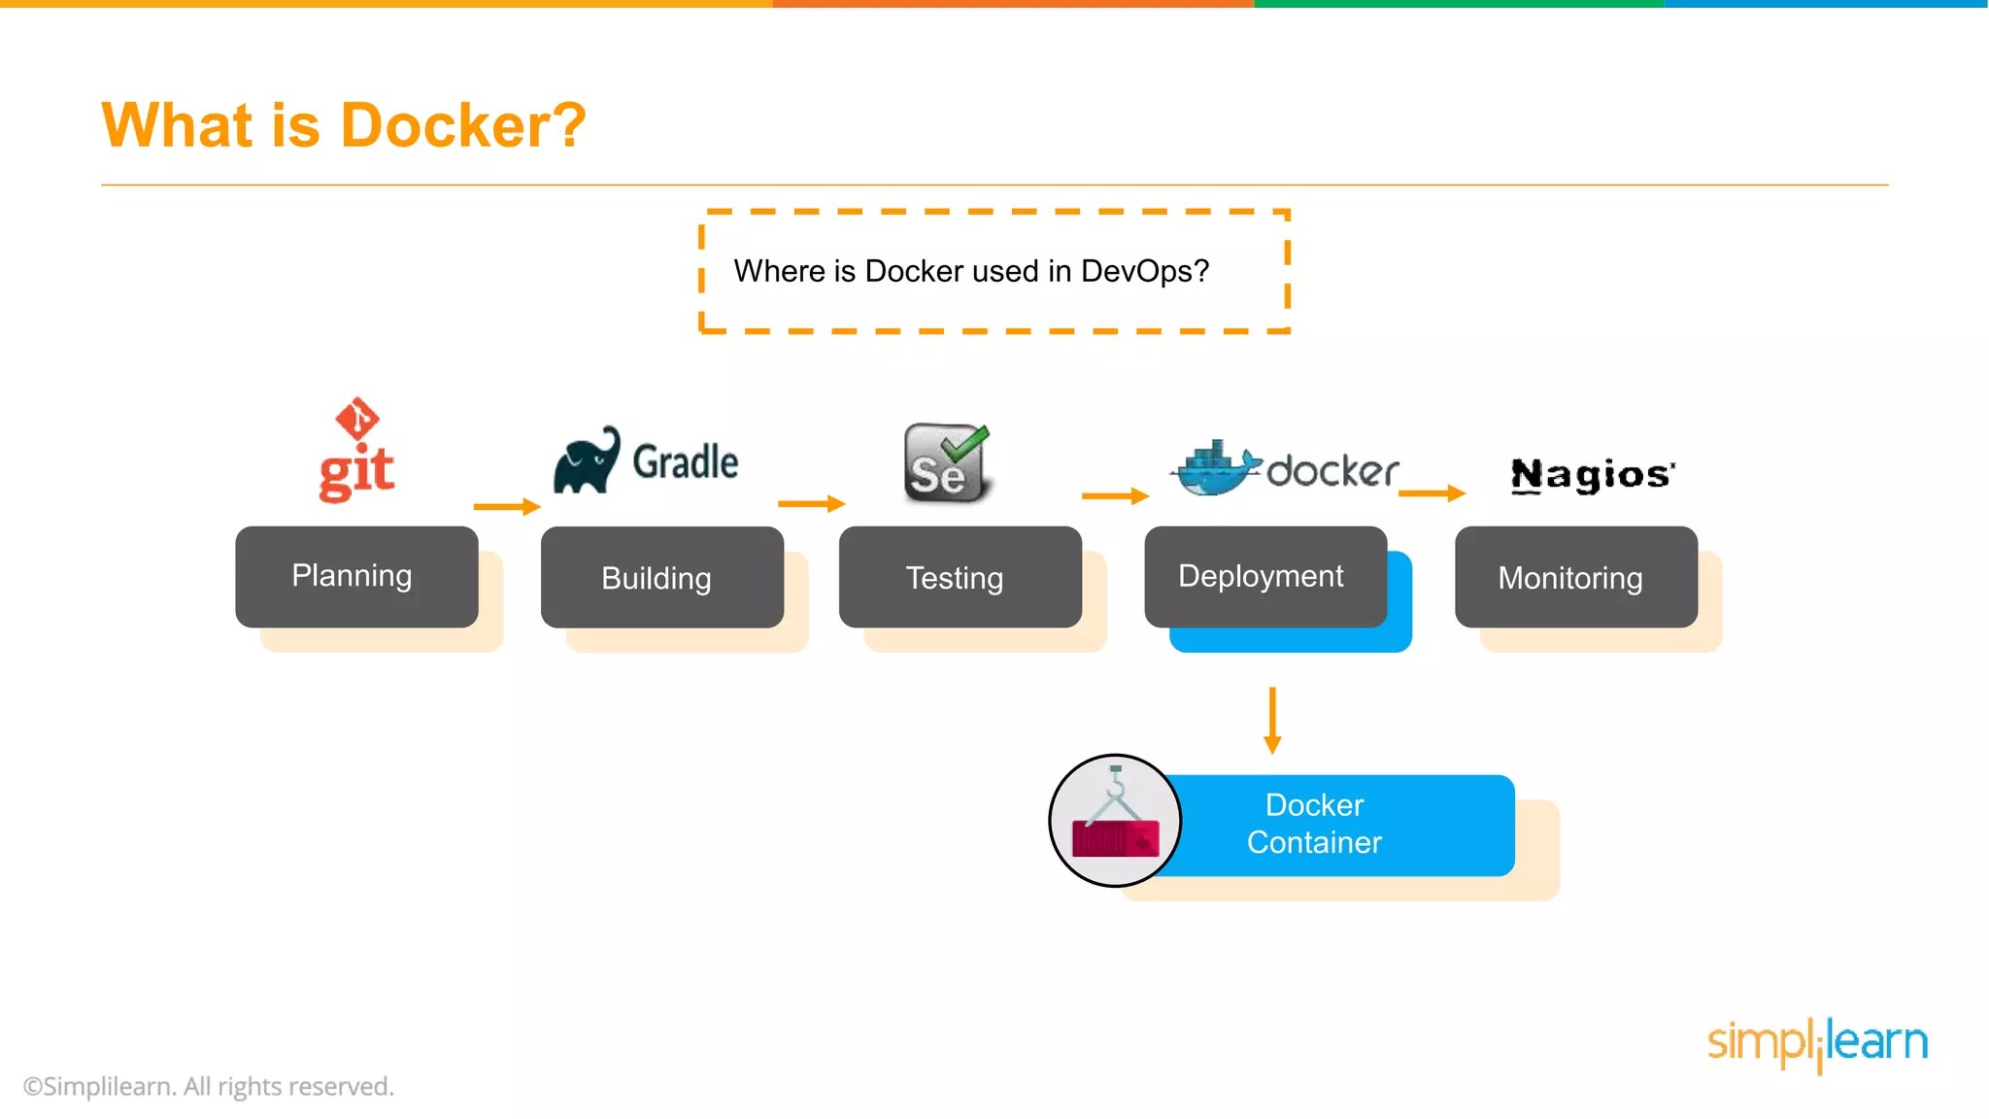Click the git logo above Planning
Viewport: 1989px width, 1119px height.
356,450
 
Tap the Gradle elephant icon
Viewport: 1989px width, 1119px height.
587,459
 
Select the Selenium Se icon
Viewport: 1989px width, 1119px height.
946,462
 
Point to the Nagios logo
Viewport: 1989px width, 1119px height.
1593,474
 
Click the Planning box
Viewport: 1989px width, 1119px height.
356,577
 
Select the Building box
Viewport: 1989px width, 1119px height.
662,577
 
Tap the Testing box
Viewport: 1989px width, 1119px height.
961,577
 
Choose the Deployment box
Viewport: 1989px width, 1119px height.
1265,577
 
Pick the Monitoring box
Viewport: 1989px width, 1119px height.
1576,577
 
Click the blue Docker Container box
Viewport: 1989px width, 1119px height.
1331,826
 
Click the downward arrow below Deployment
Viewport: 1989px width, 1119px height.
1272,721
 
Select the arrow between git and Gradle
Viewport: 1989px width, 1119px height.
507,506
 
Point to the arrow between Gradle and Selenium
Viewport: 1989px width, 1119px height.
812,503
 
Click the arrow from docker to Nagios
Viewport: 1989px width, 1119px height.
1432,493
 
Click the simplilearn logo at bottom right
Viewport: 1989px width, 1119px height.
1818,1043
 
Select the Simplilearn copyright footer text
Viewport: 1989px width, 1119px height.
209,1087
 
